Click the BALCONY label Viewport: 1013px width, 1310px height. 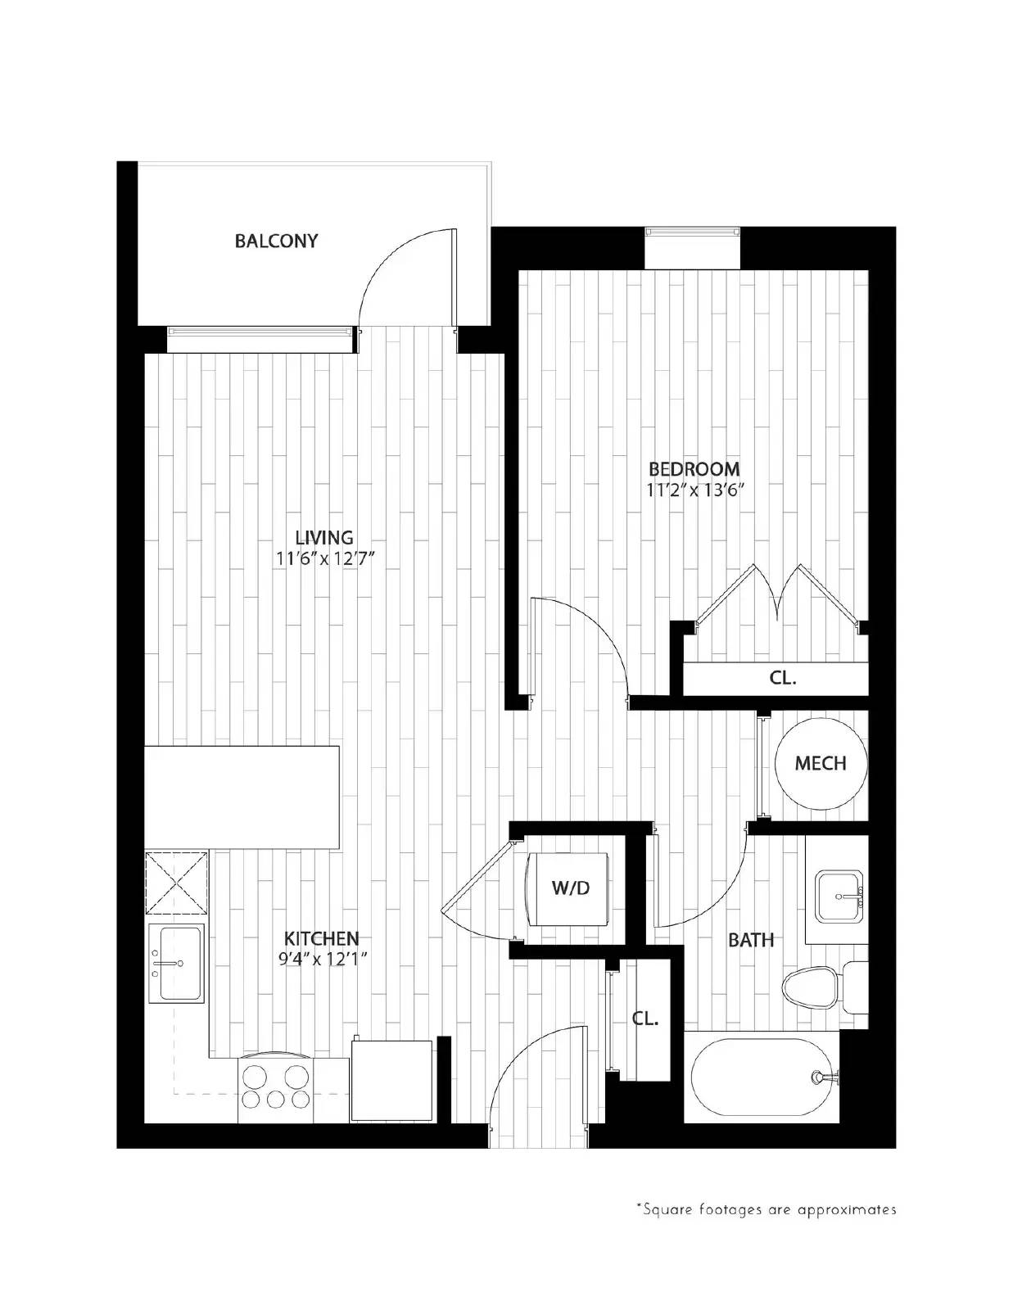[276, 241]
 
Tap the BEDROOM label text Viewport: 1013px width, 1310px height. [694, 469]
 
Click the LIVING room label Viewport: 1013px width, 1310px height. [324, 537]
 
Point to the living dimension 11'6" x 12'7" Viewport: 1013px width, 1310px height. [325, 559]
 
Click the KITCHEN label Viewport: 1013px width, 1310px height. [321, 938]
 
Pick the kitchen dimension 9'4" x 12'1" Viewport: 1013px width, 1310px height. [321, 960]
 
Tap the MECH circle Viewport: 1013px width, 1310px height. [820, 763]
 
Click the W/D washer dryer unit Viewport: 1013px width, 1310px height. [570, 888]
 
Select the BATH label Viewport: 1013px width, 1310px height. [751, 940]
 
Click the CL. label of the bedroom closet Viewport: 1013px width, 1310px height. [783, 678]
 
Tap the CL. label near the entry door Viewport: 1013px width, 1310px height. [644, 1019]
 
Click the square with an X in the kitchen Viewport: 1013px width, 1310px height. [176, 883]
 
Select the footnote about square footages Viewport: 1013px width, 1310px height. [766, 1209]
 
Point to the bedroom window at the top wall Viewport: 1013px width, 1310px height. [693, 233]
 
